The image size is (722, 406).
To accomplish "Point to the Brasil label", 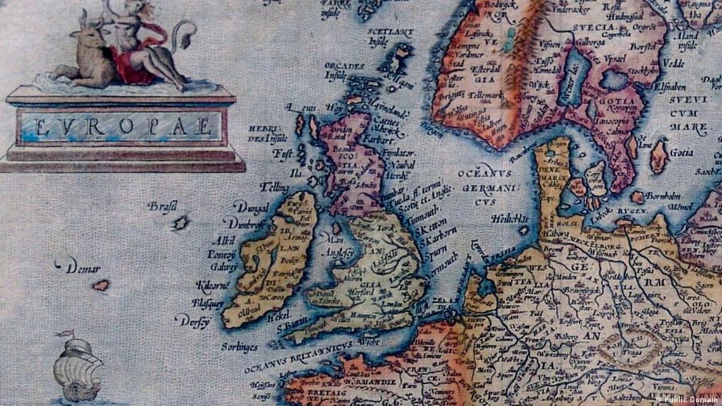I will click(x=162, y=207).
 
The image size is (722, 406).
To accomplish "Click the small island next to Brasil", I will click(x=180, y=224).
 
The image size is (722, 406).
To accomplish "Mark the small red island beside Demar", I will click(x=100, y=285).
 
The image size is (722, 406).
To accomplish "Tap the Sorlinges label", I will click(x=239, y=347).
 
